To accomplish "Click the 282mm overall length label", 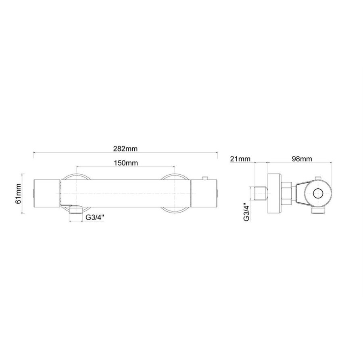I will (x=126, y=148).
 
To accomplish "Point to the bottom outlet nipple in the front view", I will (x=75, y=210).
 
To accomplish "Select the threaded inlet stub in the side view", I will (x=261, y=194).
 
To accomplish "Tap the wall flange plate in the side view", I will (x=274, y=194).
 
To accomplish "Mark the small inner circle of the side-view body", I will (x=318, y=194).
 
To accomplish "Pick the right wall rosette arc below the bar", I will (x=174, y=211).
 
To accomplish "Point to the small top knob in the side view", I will (x=317, y=178).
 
